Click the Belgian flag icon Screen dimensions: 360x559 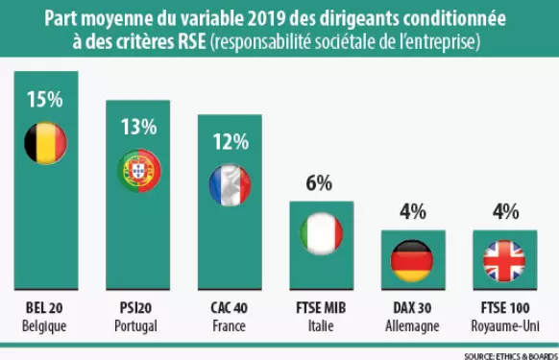click(x=46, y=143)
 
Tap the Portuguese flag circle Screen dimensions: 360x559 click(x=138, y=170)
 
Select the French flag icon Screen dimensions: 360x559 click(x=230, y=184)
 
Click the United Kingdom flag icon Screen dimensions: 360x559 click(x=504, y=259)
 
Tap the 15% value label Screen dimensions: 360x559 click(x=46, y=100)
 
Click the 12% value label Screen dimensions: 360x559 click(x=230, y=141)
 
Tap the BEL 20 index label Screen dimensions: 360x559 click(x=46, y=310)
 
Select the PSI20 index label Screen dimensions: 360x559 click(x=138, y=310)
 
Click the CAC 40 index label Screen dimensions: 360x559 click(x=230, y=310)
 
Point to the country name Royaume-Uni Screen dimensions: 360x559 click(x=504, y=326)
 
